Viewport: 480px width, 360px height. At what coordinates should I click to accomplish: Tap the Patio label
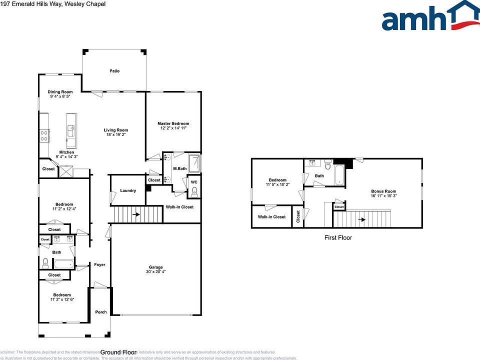[114, 71]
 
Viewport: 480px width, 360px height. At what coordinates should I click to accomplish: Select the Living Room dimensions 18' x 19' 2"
[116, 135]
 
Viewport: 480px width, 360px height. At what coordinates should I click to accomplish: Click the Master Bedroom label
[173, 123]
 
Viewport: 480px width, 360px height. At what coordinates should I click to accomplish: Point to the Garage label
[155, 267]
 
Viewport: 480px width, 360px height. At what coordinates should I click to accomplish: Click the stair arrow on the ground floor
[136, 215]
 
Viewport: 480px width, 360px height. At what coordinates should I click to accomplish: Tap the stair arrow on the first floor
[362, 219]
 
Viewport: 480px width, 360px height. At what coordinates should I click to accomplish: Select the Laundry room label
[128, 190]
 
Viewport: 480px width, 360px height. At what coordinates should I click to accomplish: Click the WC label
[194, 182]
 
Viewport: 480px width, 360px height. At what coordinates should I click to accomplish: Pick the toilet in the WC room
[194, 193]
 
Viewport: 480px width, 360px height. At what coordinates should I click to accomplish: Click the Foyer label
[100, 264]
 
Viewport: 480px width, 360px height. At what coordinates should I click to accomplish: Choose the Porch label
[101, 312]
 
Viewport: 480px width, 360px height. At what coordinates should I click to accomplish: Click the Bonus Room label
[383, 191]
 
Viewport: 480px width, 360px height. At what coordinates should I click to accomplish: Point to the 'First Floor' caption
[338, 238]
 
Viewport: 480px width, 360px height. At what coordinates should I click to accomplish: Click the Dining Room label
[60, 92]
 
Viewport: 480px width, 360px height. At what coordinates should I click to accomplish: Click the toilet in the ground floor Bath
[45, 263]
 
